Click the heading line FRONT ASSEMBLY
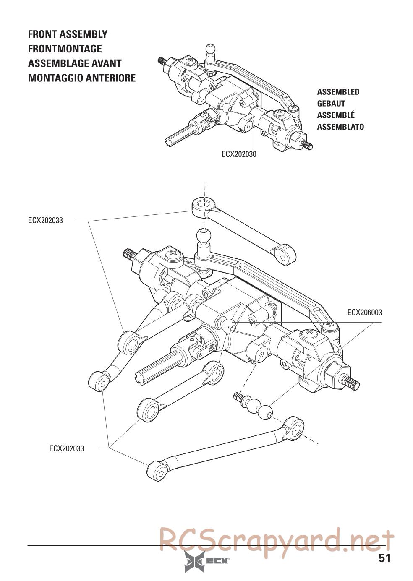68,34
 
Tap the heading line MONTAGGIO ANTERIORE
81,78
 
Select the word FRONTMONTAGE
65,49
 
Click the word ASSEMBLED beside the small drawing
338,92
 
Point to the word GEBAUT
331,104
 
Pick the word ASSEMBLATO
340,127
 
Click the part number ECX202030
239,154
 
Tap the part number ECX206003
364,313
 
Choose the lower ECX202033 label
66,448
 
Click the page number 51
384,558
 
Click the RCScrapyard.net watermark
277,539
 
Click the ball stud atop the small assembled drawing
210,51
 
